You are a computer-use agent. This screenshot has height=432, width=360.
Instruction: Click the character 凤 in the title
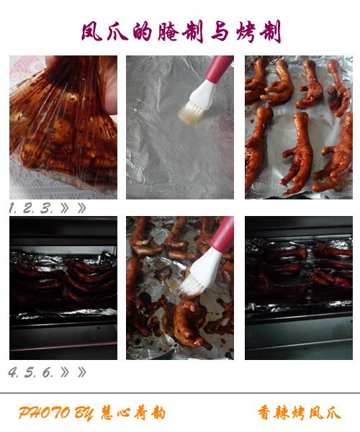[x=91, y=32]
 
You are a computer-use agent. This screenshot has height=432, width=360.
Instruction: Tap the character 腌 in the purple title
[x=168, y=32]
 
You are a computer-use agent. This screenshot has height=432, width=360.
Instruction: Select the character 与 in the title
[x=220, y=32]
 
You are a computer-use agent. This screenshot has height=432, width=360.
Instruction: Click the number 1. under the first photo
[x=13, y=208]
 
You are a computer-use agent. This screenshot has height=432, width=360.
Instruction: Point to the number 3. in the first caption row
[x=46, y=208]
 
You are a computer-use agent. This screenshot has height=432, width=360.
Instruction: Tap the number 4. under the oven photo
[x=13, y=372]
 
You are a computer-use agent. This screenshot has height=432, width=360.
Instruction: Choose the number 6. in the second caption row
[x=48, y=372]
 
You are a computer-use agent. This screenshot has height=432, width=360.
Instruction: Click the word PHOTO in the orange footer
[x=44, y=413]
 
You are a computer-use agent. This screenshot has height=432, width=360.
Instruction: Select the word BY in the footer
[x=84, y=413]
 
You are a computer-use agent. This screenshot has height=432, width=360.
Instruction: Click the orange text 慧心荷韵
[x=133, y=413]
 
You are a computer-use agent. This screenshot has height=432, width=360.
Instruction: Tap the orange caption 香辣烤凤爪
[x=300, y=413]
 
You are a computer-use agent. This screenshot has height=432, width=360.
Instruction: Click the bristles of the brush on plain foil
[x=191, y=112]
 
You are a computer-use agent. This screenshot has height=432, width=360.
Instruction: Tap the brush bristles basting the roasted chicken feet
[x=191, y=287]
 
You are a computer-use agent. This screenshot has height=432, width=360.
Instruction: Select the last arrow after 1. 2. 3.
[x=81, y=208]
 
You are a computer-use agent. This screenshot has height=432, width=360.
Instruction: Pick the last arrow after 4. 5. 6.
[x=81, y=372]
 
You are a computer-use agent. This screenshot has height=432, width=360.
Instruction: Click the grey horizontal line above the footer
[x=180, y=393]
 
